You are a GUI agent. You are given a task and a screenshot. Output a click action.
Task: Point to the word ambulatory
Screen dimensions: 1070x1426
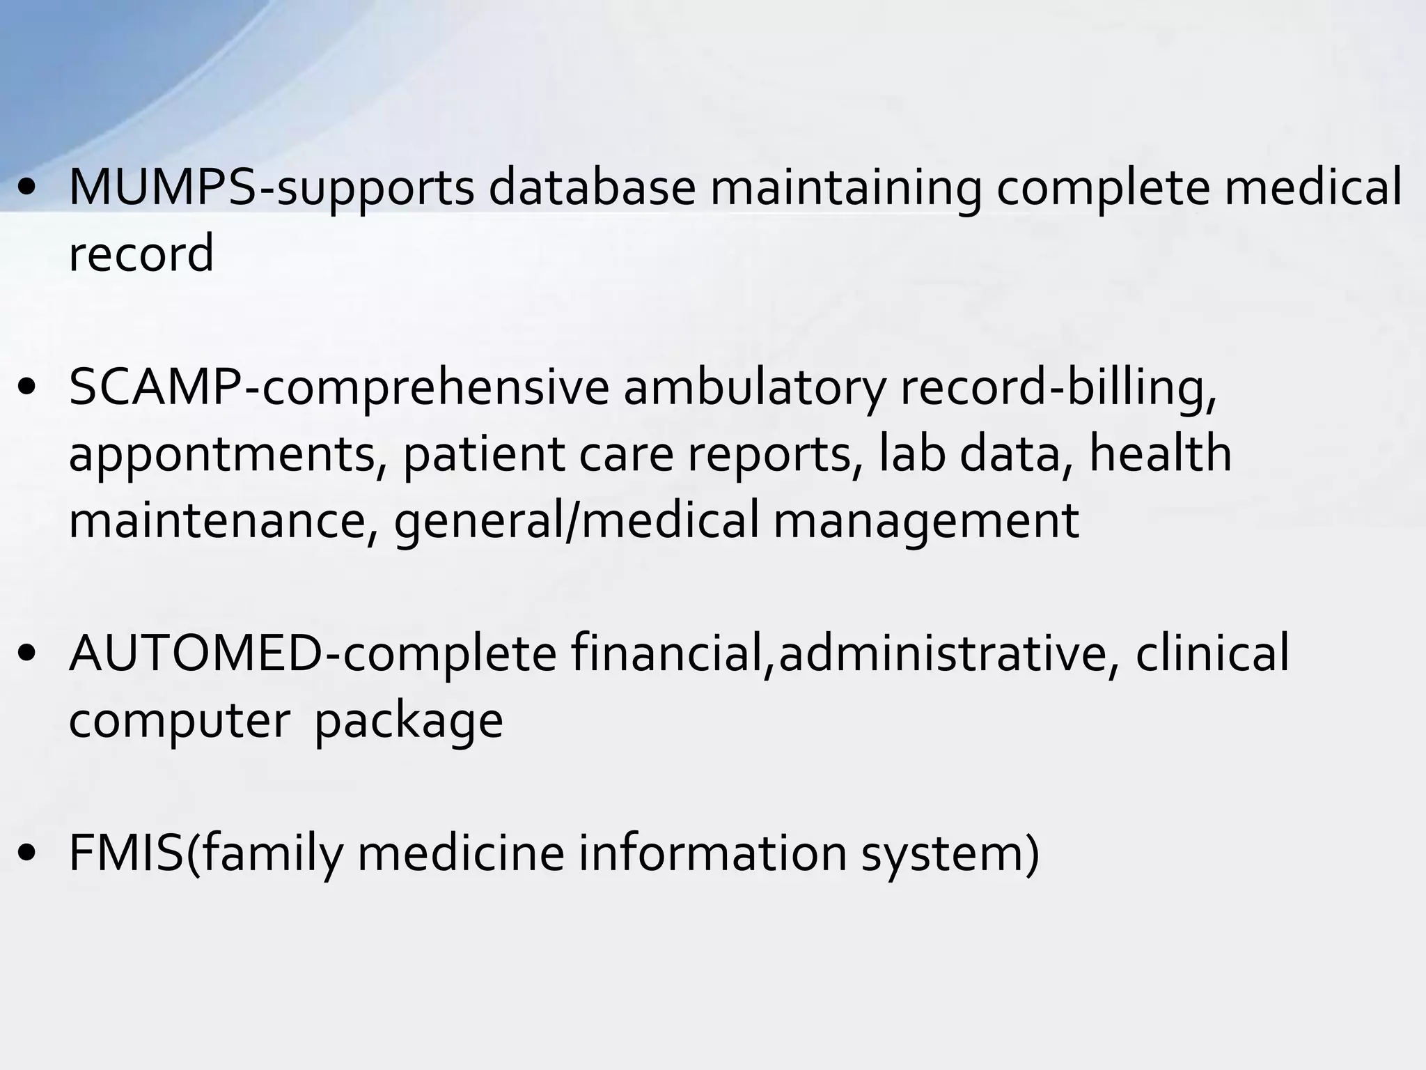click(x=754, y=389)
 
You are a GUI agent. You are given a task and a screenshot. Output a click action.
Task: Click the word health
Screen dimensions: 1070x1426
click(x=1160, y=453)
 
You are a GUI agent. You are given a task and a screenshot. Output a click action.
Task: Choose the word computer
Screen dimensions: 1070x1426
click(x=180, y=722)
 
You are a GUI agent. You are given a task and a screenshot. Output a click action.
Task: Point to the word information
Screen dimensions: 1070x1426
click(x=712, y=853)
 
